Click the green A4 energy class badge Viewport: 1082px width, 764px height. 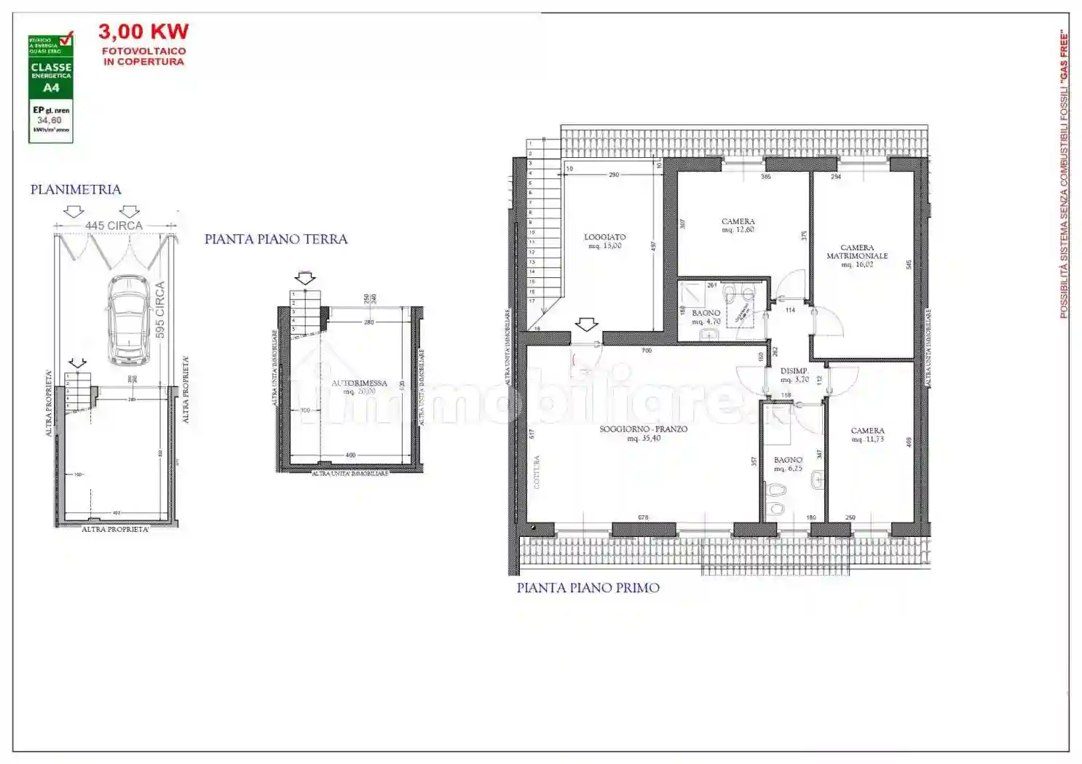[51, 88]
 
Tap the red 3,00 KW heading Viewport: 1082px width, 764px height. [143, 32]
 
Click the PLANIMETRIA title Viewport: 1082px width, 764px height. [76, 190]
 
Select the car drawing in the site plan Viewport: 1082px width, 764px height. [129, 319]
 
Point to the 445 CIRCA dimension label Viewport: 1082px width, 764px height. [114, 226]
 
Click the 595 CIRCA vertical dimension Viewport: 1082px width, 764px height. [160, 309]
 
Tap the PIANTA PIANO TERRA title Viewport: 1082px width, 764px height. [276, 239]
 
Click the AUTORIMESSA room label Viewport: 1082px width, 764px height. [360, 383]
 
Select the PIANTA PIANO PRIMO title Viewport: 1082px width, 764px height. [588, 588]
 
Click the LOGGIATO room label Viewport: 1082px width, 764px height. [605, 238]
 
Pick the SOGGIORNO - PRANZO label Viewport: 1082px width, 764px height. [644, 429]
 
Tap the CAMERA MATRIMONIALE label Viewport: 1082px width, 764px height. [857, 252]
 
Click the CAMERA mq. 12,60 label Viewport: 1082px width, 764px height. [738, 226]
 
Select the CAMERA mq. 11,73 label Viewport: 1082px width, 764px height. [867, 434]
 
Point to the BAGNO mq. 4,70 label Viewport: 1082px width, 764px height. [706, 317]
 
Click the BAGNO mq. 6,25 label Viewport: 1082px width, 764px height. [788, 464]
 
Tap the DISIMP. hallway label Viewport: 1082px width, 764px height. [794, 375]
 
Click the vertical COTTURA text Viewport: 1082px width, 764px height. [537, 471]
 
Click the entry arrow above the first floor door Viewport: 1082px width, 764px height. [586, 324]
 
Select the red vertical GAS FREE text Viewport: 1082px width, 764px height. [1064, 175]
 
